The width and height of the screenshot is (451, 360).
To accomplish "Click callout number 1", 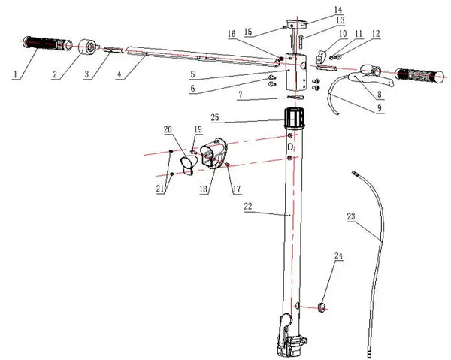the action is coord(15,74).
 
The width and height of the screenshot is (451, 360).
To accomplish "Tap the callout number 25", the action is coord(214,117).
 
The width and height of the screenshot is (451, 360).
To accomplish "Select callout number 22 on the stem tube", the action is coord(247,206).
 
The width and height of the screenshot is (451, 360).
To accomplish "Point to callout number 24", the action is coord(338,255).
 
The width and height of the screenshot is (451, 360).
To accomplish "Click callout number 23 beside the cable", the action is coord(351,216).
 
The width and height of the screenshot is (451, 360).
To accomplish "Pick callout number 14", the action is coord(338,10).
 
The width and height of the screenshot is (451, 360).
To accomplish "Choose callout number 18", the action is coord(203,189).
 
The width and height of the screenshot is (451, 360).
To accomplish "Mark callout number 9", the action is coord(380,107).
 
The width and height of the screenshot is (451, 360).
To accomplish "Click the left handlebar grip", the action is coord(47,44).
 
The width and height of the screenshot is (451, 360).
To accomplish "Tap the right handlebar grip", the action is coord(421,76).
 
